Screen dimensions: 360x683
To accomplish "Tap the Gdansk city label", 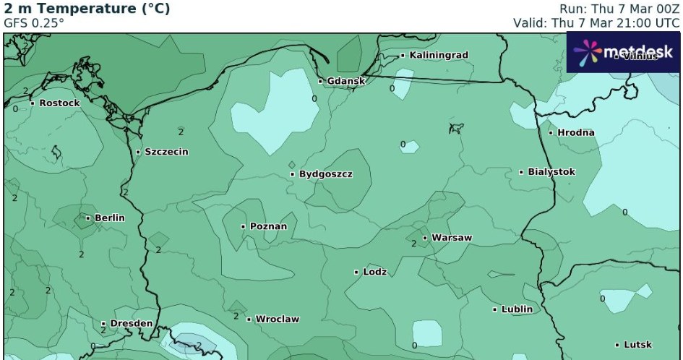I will pyautogui.click(x=345, y=81).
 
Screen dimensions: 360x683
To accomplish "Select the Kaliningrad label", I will pyautogui.click(x=438, y=55).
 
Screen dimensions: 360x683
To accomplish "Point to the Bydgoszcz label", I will pyautogui.click(x=325, y=174).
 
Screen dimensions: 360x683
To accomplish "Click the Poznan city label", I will pyautogui.click(x=267, y=226).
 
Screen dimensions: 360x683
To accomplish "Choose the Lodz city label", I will pyautogui.click(x=374, y=272).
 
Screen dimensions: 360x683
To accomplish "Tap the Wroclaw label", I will pyautogui.click(x=277, y=319).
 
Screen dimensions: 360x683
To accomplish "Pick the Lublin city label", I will pyautogui.click(x=516, y=309).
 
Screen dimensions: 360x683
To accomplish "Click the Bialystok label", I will pyautogui.click(x=551, y=172).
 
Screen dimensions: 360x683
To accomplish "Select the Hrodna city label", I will pyautogui.click(x=575, y=132).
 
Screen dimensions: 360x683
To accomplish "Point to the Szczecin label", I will pyautogui.click(x=166, y=152).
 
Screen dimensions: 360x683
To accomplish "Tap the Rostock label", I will pyautogui.click(x=59, y=103).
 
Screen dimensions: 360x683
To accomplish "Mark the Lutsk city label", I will pyautogui.click(x=637, y=345).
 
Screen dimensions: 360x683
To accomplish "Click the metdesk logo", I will pyautogui.click(x=622, y=52).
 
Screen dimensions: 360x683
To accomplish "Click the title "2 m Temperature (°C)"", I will pyautogui.click(x=87, y=9).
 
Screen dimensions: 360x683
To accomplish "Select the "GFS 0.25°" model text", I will pyautogui.click(x=34, y=22).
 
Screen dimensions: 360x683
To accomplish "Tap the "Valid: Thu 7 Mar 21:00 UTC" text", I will pyautogui.click(x=596, y=22).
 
